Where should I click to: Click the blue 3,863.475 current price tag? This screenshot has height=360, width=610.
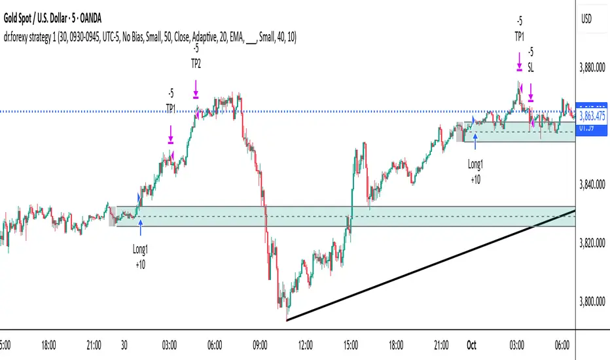591,119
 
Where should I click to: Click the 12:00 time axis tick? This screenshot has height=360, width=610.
304,343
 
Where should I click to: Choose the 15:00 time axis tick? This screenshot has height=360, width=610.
351,343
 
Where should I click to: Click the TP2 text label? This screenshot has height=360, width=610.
196,64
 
